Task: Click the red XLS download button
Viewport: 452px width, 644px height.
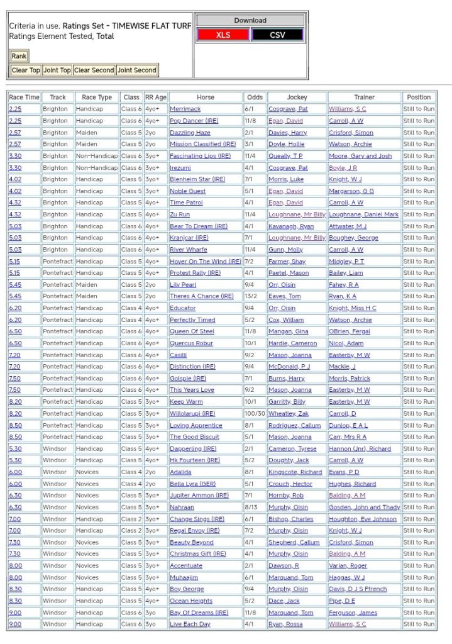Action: coord(223,35)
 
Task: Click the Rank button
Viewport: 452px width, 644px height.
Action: coord(19,57)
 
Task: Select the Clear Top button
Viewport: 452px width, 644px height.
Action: coord(26,70)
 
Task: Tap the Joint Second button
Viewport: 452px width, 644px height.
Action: coord(137,70)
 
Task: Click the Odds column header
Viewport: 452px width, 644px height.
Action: coord(255,97)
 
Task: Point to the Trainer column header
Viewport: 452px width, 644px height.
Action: coord(364,97)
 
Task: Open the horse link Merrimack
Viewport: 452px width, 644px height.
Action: coord(185,109)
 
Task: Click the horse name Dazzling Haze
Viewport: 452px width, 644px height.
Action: coord(190,133)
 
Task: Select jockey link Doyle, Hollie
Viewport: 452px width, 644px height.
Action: coord(287,144)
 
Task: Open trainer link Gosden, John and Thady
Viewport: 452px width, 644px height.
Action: coord(364,507)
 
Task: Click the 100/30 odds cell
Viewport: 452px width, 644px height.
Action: coord(255,414)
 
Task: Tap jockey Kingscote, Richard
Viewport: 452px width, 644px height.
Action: coord(295,472)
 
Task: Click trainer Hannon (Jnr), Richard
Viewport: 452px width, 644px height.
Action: coord(360,448)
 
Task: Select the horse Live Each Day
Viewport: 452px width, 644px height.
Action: coord(190,624)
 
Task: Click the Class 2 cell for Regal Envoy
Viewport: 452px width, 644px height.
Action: coord(131,530)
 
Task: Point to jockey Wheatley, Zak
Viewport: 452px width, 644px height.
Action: coord(289,414)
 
